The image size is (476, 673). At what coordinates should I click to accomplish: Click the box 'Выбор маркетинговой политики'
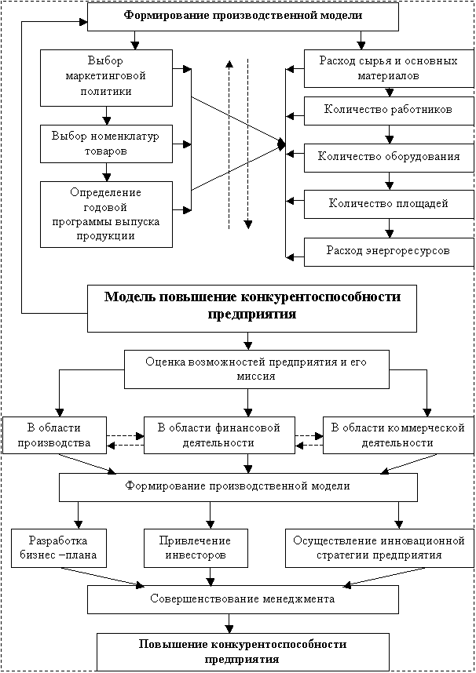[x=106, y=77]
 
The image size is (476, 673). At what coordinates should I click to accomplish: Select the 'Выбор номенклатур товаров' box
[x=106, y=143]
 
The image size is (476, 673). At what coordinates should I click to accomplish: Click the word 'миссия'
[x=256, y=377]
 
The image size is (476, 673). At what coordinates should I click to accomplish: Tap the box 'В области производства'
[x=54, y=435]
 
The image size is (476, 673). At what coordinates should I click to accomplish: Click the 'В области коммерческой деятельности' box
[x=398, y=435]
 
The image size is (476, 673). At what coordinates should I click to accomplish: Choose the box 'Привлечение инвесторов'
[x=196, y=547]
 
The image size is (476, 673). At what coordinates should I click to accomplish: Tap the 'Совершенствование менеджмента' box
[x=242, y=599]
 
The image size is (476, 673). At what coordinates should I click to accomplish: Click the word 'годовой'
[x=105, y=206]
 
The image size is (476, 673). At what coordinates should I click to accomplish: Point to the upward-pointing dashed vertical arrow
[x=228, y=141]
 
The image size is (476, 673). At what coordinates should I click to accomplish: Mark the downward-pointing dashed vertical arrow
[x=248, y=141]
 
